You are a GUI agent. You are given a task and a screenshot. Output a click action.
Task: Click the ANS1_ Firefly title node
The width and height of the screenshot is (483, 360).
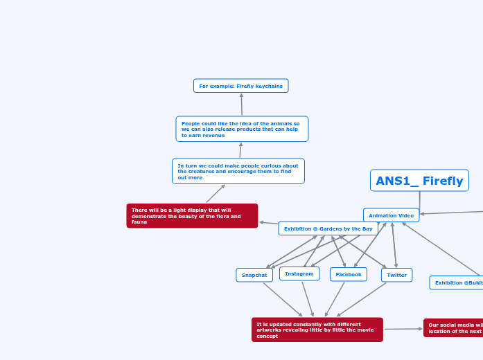pos(419,181)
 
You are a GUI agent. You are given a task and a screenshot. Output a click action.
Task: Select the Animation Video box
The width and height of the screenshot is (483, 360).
pos(391,215)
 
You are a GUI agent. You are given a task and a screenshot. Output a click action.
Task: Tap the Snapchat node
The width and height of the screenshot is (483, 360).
pos(254,275)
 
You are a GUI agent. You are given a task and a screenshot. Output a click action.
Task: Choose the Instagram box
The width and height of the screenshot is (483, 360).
pos(299,274)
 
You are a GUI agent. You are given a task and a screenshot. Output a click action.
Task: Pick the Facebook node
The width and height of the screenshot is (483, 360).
pos(348,274)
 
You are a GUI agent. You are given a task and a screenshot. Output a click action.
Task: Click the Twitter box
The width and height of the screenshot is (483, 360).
pos(396,275)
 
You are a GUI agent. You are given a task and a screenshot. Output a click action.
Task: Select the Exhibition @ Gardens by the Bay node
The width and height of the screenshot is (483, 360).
pos(328,228)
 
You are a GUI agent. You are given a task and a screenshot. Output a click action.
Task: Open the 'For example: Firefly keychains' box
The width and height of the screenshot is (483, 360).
pos(240,86)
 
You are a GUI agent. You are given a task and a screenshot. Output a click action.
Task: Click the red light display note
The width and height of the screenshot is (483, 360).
pos(192,216)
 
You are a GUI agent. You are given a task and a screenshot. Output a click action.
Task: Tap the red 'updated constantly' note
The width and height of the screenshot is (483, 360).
pos(317,330)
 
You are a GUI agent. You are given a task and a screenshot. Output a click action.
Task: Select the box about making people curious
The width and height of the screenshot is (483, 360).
pos(238,171)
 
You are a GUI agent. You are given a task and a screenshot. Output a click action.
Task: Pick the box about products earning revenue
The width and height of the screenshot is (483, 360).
pos(242,129)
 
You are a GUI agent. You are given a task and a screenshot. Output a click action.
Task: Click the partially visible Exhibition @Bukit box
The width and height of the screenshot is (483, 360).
pos(457,282)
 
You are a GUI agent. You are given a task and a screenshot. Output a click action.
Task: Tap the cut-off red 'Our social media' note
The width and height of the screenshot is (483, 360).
pos(454,328)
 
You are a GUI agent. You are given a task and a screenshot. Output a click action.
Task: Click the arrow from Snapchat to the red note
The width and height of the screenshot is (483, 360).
pos(282,299)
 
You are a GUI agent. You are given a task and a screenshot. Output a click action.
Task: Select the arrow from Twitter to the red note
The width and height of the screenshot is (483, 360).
pos(362,299)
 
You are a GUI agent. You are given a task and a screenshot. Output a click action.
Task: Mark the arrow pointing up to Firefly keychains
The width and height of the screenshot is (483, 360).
pos(241,105)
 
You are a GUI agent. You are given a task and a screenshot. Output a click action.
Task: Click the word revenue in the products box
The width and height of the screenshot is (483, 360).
pos(216,136)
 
